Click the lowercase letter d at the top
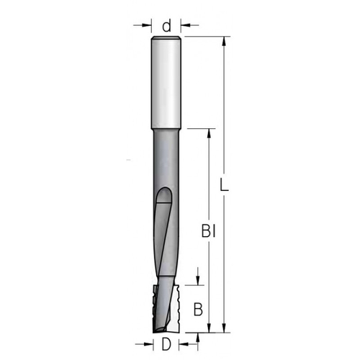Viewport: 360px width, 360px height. tap(166, 27)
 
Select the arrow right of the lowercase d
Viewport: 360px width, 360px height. tap(185, 27)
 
